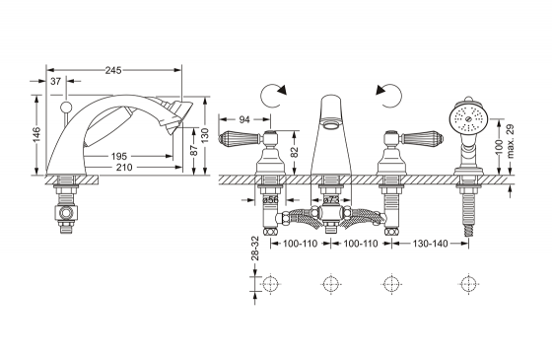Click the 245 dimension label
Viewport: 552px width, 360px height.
113,70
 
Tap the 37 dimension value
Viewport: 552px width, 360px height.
55,82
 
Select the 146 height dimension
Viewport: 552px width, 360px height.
36,134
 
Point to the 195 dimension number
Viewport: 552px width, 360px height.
119,156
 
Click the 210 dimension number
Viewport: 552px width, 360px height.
124,168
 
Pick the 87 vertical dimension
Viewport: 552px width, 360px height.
194,150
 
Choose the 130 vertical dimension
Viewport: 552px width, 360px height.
205,136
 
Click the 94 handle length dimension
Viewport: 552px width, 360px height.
244,119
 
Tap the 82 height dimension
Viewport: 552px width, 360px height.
295,152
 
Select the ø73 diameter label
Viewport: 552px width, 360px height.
330,200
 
